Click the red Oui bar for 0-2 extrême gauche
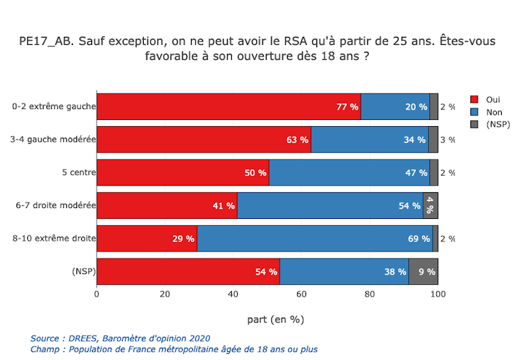pos(228,106)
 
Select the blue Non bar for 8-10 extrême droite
pos(314,239)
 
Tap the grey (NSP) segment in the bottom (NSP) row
pos(423,271)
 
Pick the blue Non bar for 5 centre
pos(349,172)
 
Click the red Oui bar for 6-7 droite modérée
pos(167,205)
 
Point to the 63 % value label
pos(297,140)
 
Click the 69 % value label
pos(417,239)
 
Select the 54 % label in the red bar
pos(266,271)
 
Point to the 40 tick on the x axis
pos(233,295)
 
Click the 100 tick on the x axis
pos(438,295)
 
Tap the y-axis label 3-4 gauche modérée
pos(52,140)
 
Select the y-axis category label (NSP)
pos(82,271)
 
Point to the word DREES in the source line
pos(84,338)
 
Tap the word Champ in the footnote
pos(45,349)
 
